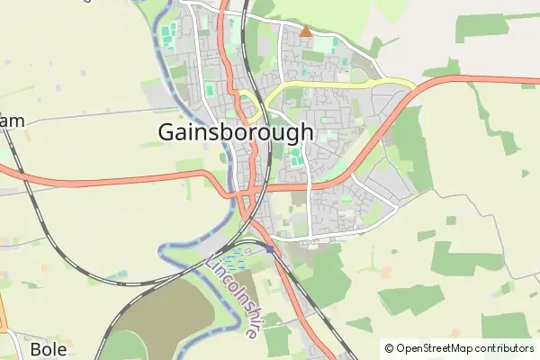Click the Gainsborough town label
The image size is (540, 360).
[236, 131]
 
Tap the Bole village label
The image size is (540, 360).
[49, 348]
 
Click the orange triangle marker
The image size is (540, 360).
[305, 31]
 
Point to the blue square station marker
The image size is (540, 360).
[270, 248]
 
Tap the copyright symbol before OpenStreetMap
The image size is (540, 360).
[389, 348]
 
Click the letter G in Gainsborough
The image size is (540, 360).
[167, 131]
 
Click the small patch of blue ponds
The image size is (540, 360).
[232, 261]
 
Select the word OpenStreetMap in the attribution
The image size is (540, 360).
[435, 348]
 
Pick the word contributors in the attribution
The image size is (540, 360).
[505, 348]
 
